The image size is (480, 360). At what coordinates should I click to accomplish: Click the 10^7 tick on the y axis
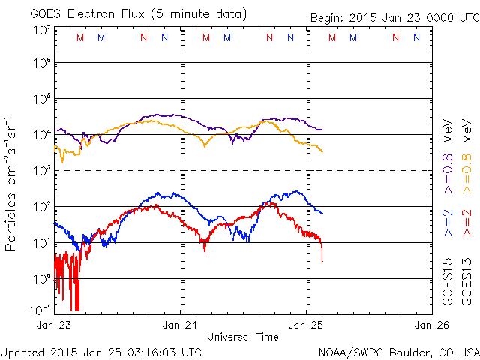40,29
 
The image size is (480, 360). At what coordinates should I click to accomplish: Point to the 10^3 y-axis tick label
40,170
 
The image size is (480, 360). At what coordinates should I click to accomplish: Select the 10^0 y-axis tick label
40,277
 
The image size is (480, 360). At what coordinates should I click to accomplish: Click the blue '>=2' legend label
448,223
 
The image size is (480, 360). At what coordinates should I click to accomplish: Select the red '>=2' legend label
467,223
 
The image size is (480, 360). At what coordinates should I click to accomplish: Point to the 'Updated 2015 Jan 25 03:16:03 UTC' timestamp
101,351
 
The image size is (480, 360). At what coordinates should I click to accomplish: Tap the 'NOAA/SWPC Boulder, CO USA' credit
398,351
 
